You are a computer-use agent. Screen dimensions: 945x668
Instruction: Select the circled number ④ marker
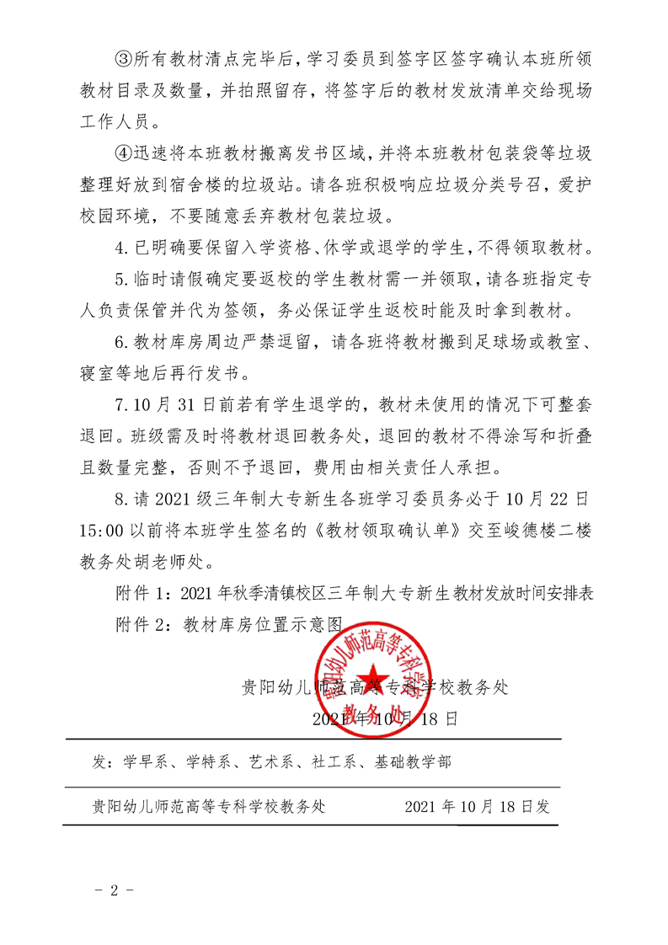pos(123,152)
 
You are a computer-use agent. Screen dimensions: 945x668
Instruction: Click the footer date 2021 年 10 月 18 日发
pos(477,806)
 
